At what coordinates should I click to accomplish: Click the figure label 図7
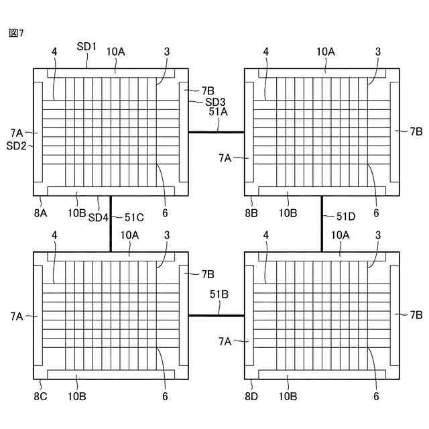pos(17,33)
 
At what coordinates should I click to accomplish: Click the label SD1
pos(87,47)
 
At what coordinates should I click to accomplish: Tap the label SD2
pos(16,145)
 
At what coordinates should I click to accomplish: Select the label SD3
pos(214,101)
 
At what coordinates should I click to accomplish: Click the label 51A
pos(219,112)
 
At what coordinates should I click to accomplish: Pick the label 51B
pos(219,294)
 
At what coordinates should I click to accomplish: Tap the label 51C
pos(134,217)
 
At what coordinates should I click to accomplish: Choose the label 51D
pos(346,216)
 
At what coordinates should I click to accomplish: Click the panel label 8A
pos(41,212)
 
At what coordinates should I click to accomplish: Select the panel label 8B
pos(252,212)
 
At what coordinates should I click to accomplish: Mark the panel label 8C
pos(41,397)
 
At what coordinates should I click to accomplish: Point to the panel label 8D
pos(252,397)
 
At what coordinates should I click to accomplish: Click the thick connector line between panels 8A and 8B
pos(216,132)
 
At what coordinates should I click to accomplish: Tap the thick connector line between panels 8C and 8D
pos(216,315)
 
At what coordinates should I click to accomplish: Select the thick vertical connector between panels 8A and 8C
pos(111,224)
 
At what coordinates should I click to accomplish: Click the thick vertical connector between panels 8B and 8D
pos(322,224)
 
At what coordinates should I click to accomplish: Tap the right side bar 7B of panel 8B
pos(394,132)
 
